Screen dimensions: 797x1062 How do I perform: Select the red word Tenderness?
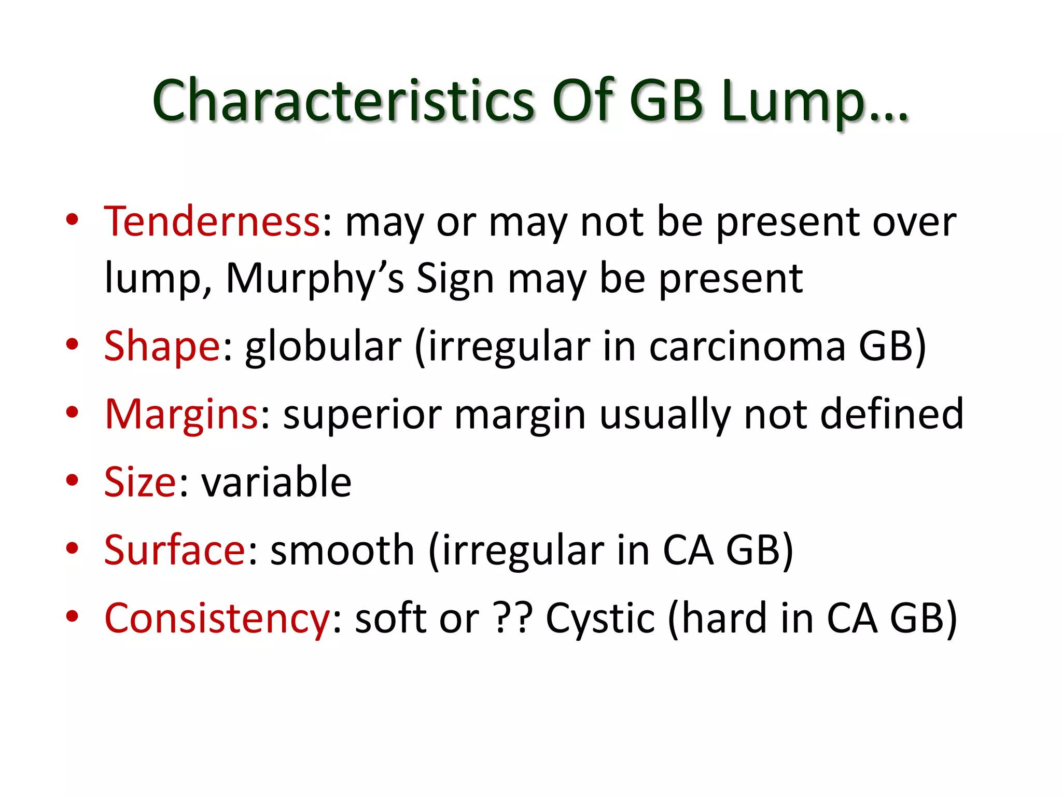click(212, 222)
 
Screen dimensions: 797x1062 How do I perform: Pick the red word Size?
click(141, 482)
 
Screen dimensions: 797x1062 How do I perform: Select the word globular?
click(323, 347)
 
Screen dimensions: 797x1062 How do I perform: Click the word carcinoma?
click(747, 347)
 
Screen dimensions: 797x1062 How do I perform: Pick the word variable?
click(276, 482)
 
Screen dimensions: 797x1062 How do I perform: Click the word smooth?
click(342, 549)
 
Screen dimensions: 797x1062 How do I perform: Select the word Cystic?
click(600, 619)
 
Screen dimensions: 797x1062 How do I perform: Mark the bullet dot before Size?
click(72, 480)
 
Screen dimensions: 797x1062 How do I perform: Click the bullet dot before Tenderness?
click(72, 219)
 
